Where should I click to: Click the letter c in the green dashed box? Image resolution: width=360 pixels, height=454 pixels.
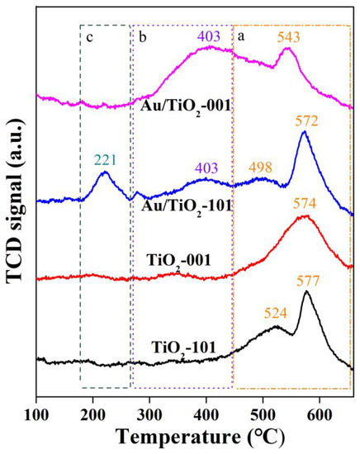click(x=87, y=36)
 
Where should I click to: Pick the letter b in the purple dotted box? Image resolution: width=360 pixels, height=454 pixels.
click(x=142, y=36)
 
